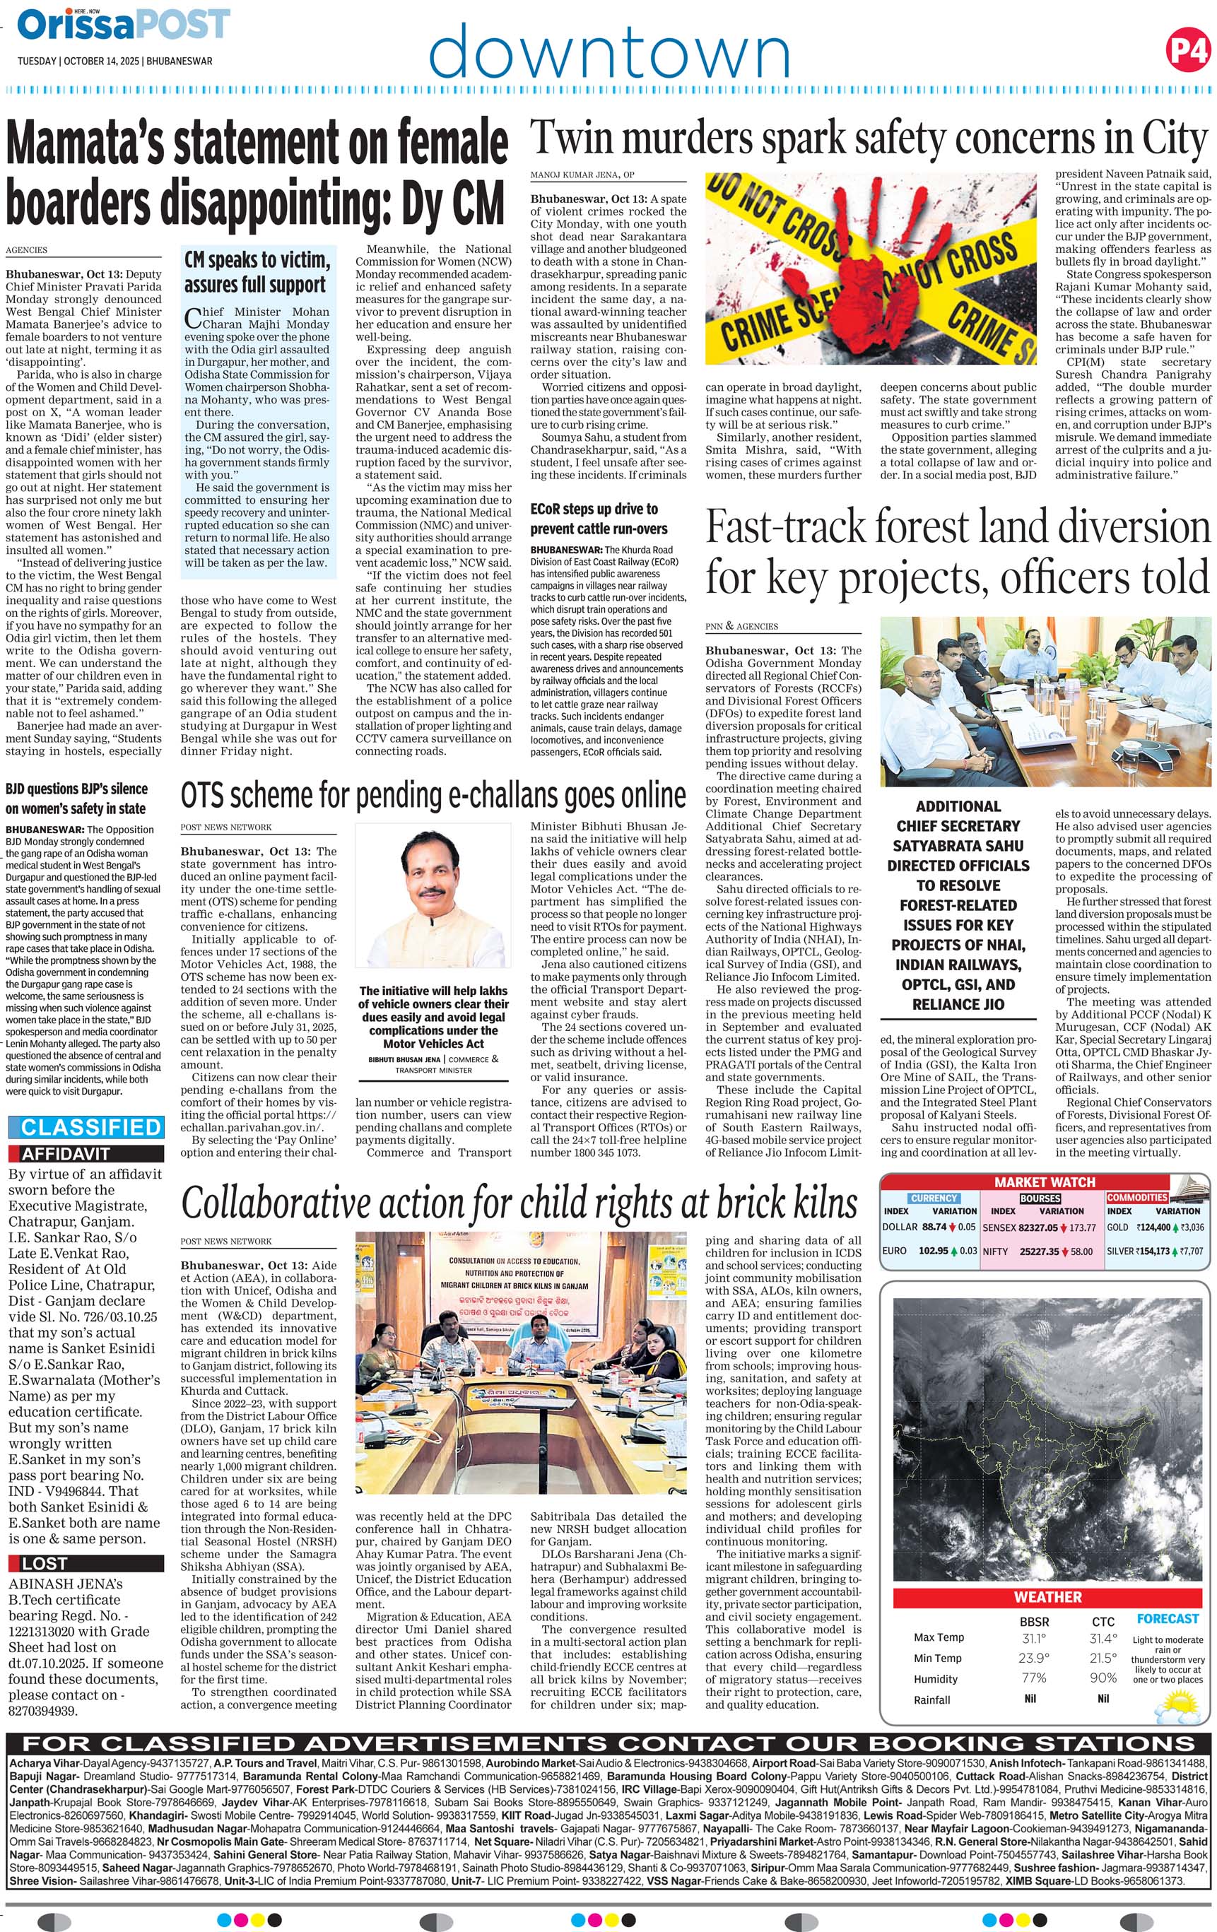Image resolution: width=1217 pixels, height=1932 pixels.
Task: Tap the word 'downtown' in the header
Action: click(609, 51)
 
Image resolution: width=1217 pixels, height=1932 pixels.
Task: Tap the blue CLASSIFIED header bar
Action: click(85, 1127)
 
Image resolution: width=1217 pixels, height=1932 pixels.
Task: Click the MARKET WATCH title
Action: click(1045, 1182)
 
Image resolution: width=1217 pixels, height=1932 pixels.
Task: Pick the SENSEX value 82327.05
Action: click(1038, 1227)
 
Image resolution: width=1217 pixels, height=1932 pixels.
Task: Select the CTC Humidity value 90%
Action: click(1103, 1678)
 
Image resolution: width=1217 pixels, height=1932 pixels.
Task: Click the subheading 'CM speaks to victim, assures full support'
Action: click(257, 272)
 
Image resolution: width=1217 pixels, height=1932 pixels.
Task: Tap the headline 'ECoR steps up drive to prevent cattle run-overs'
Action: click(594, 518)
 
